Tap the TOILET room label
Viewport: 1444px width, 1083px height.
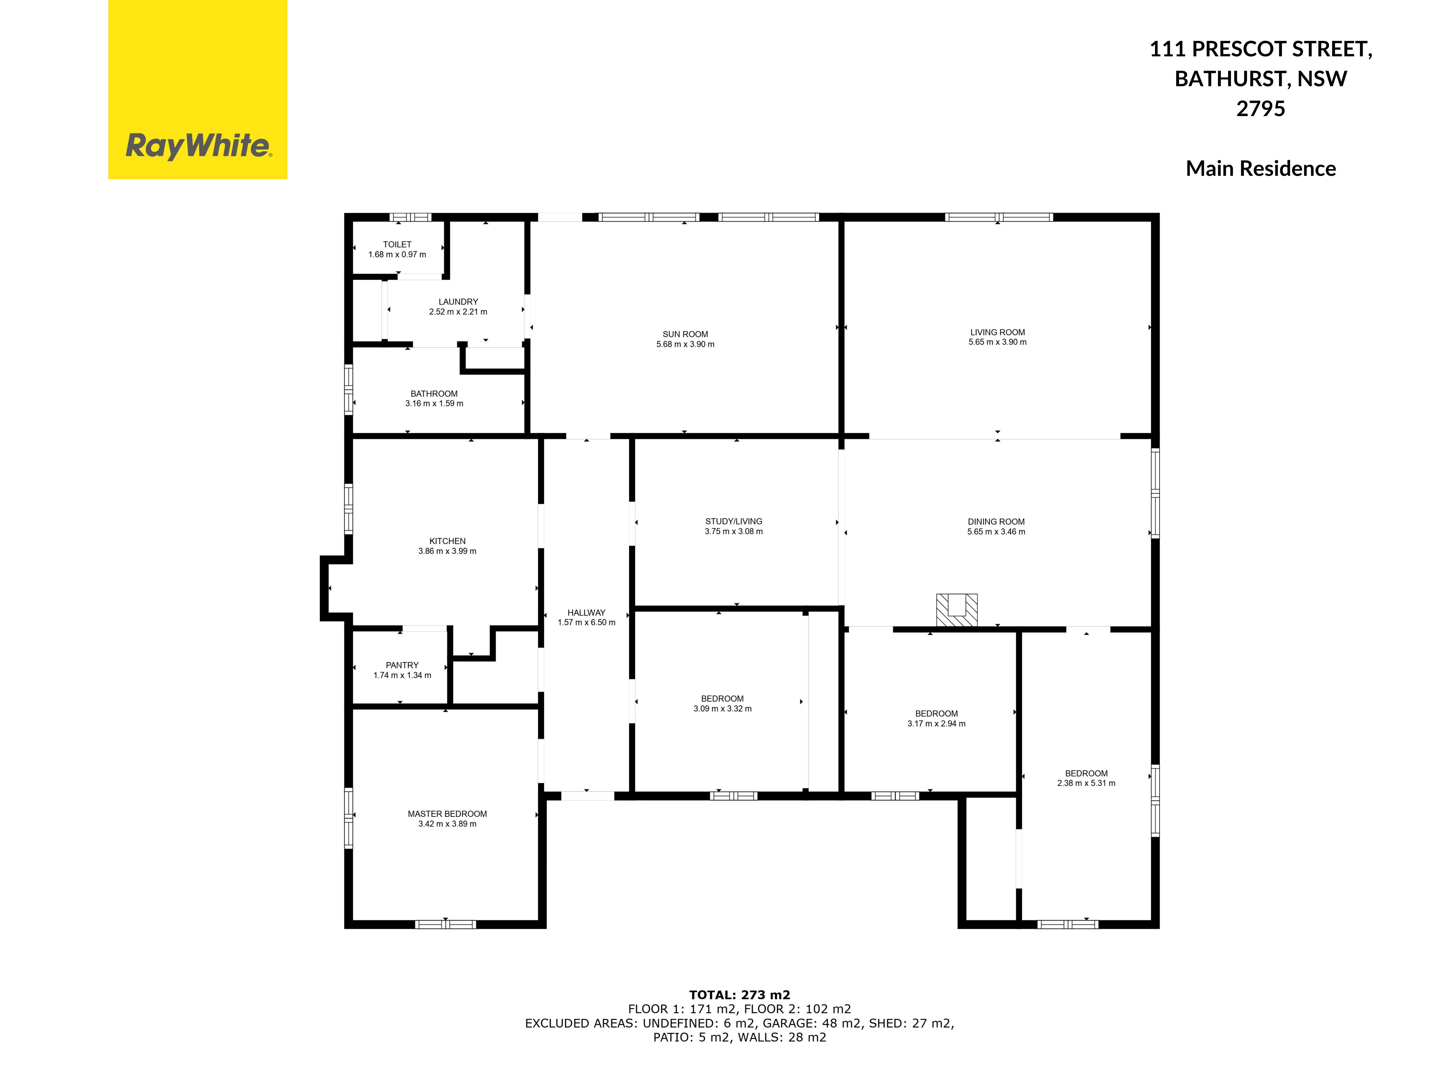(397, 244)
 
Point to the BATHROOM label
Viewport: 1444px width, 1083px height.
(434, 394)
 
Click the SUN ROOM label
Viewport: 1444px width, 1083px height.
(685, 334)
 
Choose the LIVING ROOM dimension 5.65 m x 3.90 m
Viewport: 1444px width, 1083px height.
(998, 342)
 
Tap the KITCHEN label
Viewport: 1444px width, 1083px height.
(447, 541)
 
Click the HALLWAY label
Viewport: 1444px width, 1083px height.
(586, 612)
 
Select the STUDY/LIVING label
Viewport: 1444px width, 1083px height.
(734, 522)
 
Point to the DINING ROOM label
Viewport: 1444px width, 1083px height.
(996, 522)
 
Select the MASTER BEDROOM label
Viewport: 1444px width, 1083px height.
(447, 814)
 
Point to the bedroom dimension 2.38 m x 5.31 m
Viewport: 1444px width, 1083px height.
(1086, 783)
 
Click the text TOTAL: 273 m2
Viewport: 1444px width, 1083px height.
(740, 995)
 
